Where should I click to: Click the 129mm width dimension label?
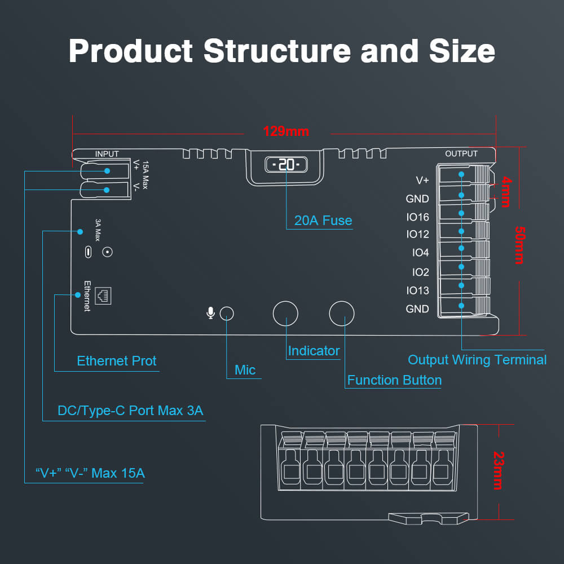click(286, 131)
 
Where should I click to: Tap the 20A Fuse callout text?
click(323, 221)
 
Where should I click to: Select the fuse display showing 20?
click(286, 165)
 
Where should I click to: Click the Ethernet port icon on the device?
click(103, 294)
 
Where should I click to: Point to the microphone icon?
click(210, 313)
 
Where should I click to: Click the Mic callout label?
click(245, 370)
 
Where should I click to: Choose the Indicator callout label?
click(314, 351)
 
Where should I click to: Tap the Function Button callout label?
click(394, 380)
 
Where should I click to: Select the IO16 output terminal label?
click(417, 217)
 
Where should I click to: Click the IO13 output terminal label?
click(417, 290)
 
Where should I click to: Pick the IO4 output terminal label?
click(420, 253)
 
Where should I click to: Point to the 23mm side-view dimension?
click(497, 470)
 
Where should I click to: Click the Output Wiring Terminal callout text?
click(477, 360)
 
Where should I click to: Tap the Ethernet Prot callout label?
click(117, 361)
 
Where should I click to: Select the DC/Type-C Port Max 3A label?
click(130, 411)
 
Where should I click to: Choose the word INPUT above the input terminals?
click(107, 153)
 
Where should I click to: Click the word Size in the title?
click(462, 51)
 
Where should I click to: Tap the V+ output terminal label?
click(422, 180)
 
